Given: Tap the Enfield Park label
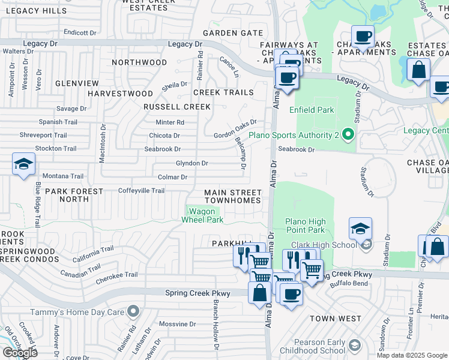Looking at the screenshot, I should click(x=311, y=110).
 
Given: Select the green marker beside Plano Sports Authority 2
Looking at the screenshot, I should click(x=347, y=136).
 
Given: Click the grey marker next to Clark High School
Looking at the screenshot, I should click(x=365, y=245).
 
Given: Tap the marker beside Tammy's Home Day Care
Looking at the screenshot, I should click(x=133, y=311).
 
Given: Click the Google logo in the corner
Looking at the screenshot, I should click(x=20, y=353).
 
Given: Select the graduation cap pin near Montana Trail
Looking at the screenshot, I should click(x=23, y=164).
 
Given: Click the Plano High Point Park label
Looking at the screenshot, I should click(x=305, y=226).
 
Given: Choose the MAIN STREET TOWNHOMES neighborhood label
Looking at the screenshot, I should click(x=233, y=196).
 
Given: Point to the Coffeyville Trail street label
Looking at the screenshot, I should click(x=141, y=191).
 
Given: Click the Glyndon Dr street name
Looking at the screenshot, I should click(x=191, y=163).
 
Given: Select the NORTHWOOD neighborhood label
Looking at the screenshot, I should click(x=139, y=62).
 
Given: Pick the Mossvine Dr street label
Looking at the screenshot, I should click(x=174, y=324).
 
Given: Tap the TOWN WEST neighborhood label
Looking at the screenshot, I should click(x=336, y=319).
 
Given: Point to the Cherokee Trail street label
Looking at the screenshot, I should click(x=117, y=275).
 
